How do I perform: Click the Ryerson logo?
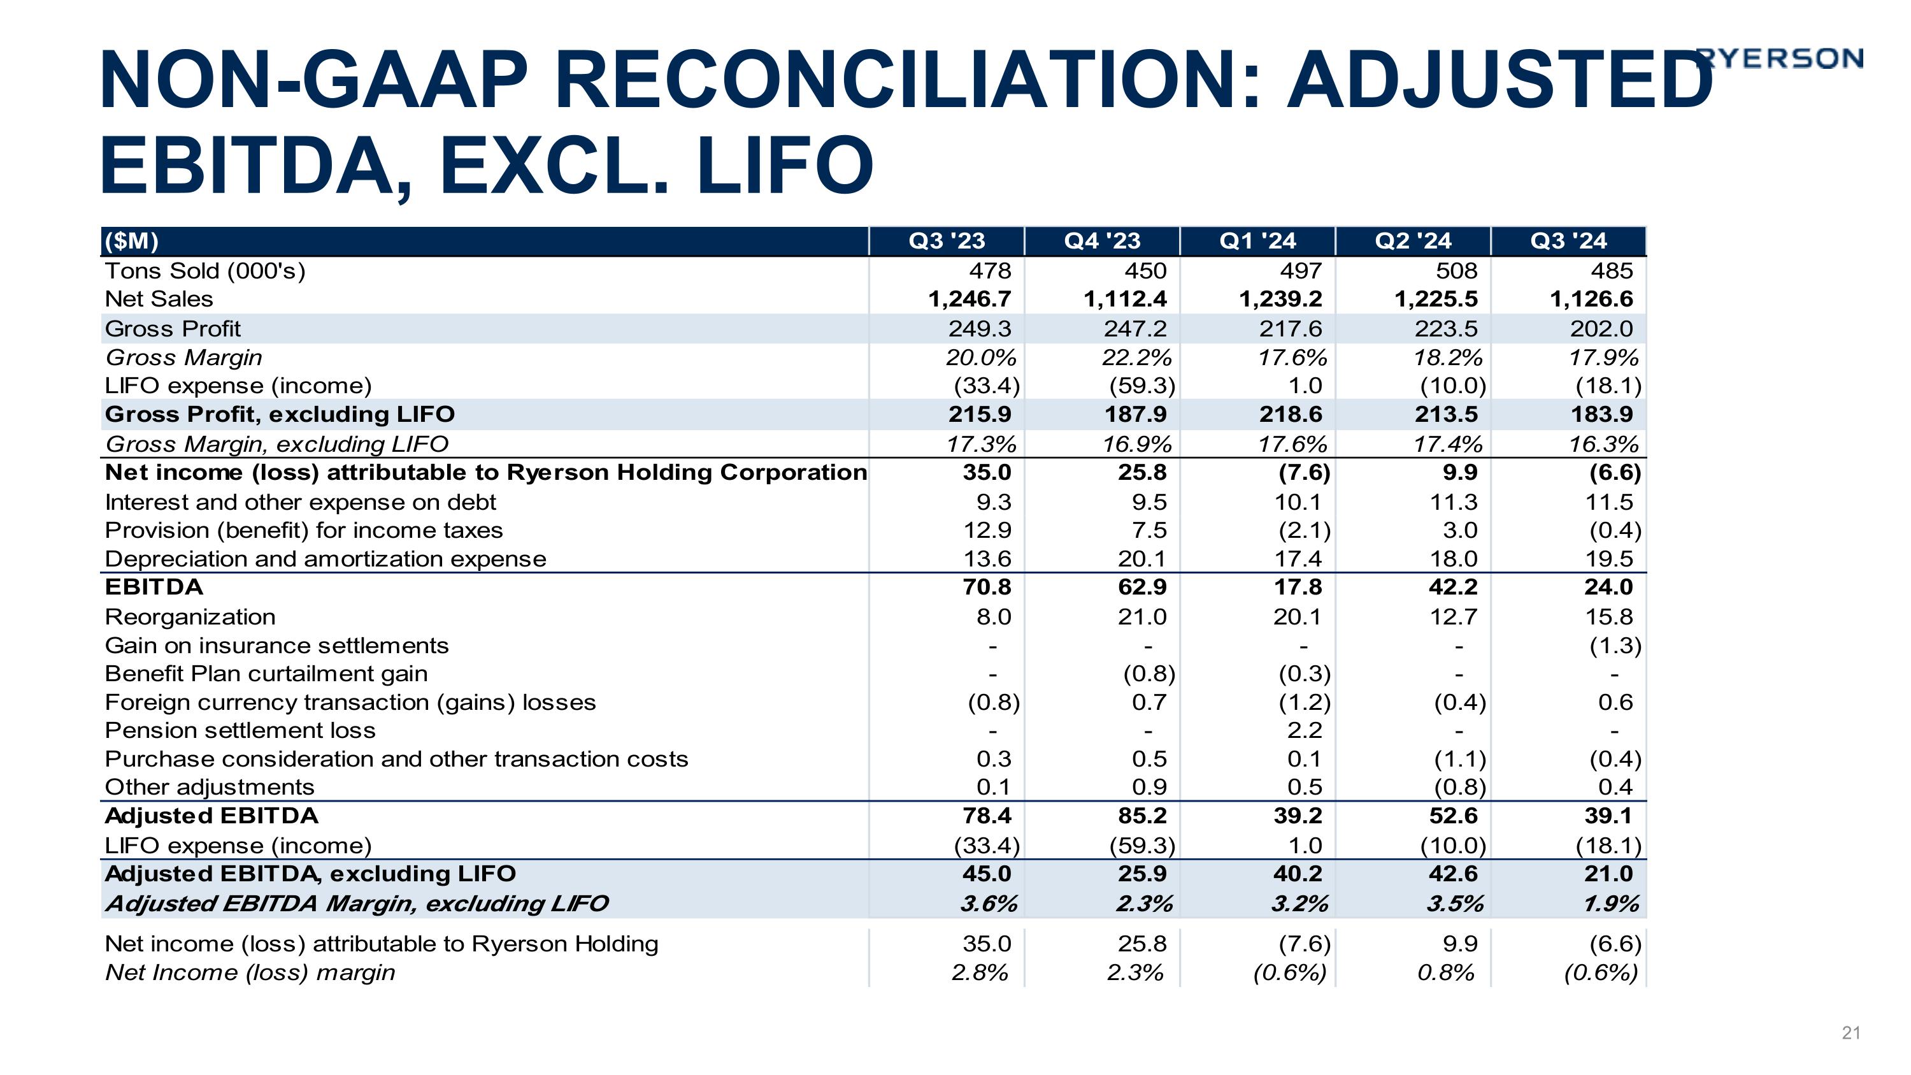pyautogui.click(x=1780, y=58)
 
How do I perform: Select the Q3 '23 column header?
pyautogui.click(x=947, y=241)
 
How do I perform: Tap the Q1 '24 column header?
pyautogui.click(x=1257, y=241)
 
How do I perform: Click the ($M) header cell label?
pyautogui.click(x=131, y=241)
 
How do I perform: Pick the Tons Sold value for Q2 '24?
pyautogui.click(x=1456, y=271)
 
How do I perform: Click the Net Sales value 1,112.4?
pyautogui.click(x=1125, y=299)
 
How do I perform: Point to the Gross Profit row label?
pyautogui.click(x=173, y=329)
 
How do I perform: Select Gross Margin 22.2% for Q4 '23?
pyautogui.click(x=1136, y=357)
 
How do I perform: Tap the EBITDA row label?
pyautogui.click(x=154, y=587)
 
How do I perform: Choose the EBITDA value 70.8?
pyautogui.click(x=986, y=587)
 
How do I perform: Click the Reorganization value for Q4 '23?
pyautogui.click(x=1142, y=616)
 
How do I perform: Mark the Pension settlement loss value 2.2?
pyautogui.click(x=1304, y=731)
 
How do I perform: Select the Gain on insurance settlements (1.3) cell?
pyautogui.click(x=1615, y=646)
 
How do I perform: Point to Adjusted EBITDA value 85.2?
pyautogui.click(x=1142, y=816)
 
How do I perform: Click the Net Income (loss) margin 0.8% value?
pyautogui.click(x=1445, y=972)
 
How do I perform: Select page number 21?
pyautogui.click(x=1850, y=1033)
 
